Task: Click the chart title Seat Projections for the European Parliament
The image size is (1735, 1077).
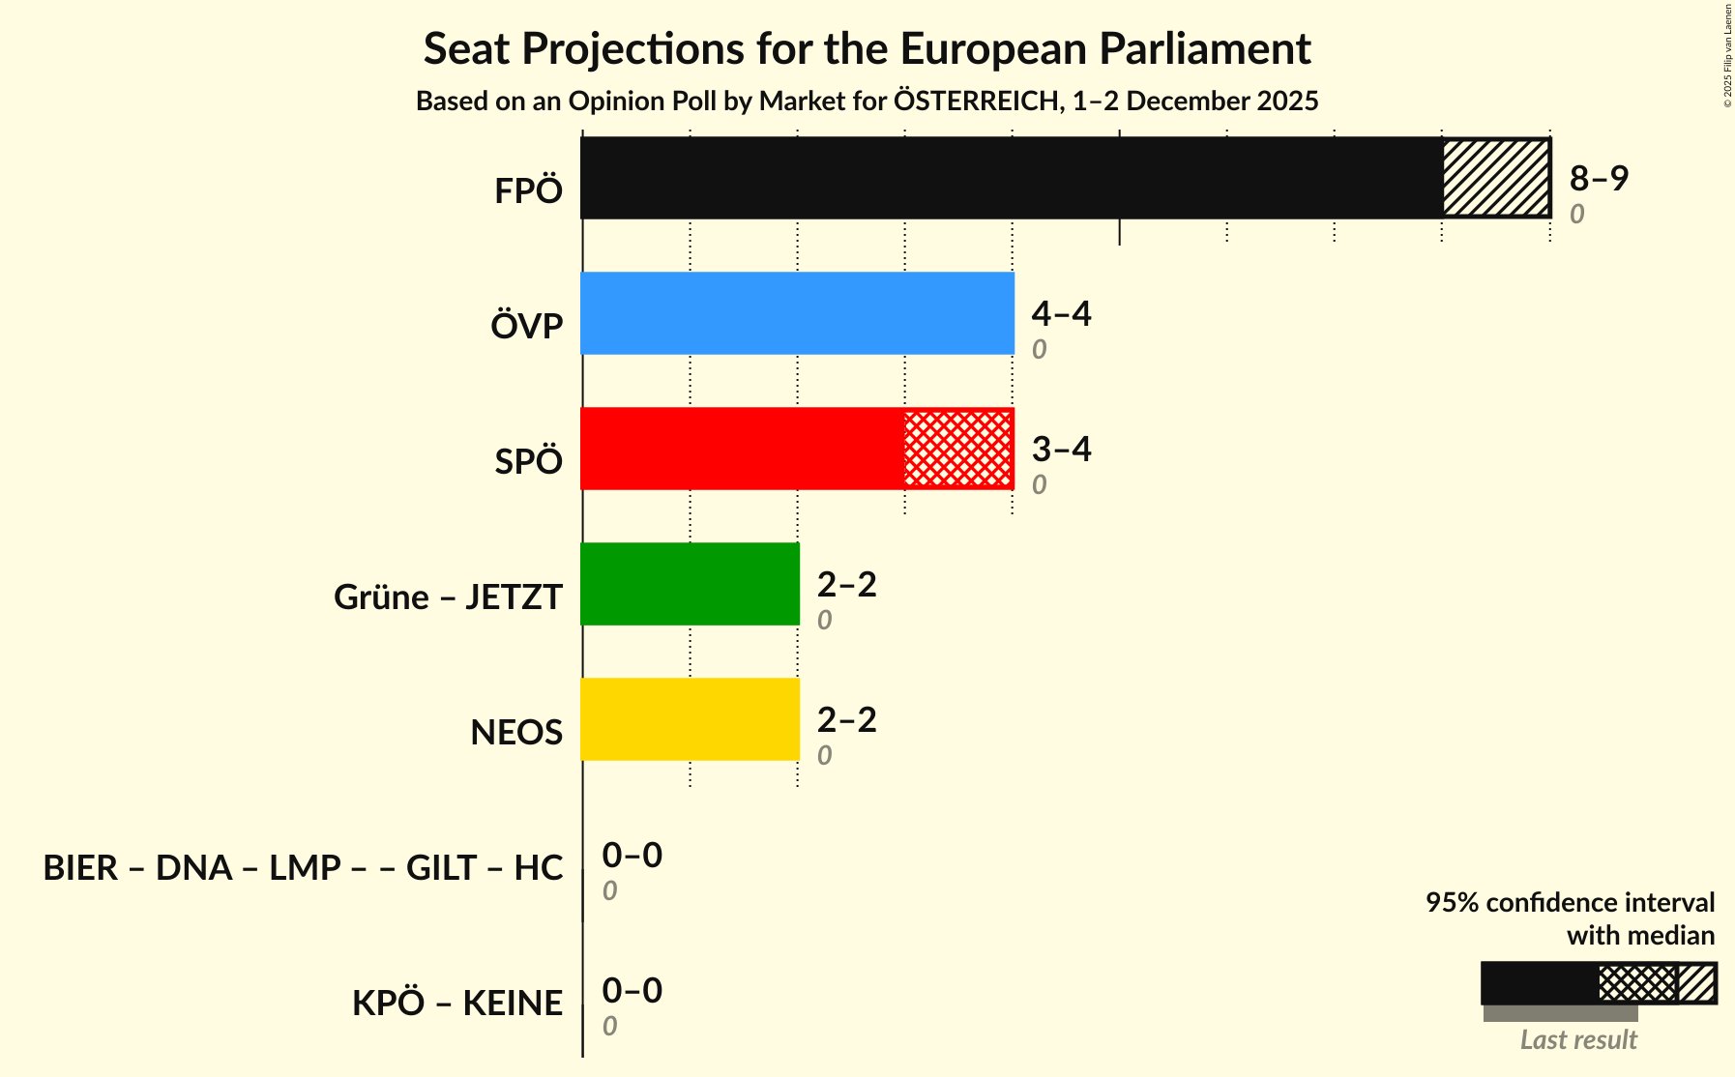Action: coord(867,48)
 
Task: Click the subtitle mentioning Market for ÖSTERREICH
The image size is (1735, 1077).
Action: coord(867,102)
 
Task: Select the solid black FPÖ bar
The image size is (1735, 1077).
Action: coord(1011,178)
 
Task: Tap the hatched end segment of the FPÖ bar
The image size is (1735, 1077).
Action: coord(1495,178)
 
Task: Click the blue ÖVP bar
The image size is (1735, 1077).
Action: coord(797,313)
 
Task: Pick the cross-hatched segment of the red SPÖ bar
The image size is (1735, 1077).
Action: coord(958,449)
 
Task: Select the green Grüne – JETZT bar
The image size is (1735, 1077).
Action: coord(690,584)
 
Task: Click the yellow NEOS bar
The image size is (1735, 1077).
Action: coord(690,719)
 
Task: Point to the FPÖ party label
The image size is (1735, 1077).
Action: coord(528,191)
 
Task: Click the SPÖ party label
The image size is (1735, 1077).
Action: coord(528,462)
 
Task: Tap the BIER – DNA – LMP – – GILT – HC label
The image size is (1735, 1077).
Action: coord(303,868)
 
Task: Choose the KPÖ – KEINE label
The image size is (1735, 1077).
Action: coord(456,1004)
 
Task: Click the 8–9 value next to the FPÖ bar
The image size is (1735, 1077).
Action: coord(1599,178)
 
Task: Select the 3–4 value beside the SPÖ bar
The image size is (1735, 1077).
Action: coord(1061,449)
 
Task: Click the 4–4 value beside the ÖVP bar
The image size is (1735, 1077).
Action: coord(1061,313)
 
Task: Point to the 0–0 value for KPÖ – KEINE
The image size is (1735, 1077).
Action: coord(632,990)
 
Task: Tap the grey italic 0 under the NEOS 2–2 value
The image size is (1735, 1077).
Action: coord(824,756)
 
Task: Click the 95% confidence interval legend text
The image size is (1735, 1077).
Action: coord(1569,903)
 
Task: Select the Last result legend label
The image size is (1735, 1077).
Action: coord(1577,1040)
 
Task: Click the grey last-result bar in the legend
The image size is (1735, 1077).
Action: coord(1560,1013)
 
